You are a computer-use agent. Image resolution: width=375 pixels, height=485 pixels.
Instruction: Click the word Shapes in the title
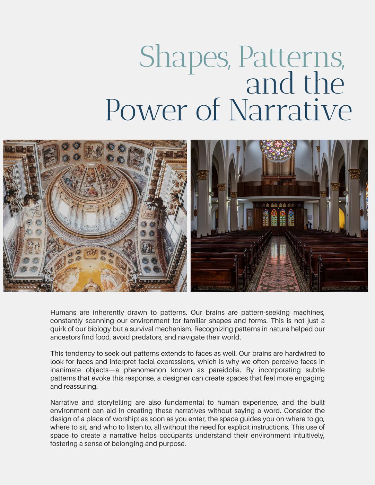(184, 57)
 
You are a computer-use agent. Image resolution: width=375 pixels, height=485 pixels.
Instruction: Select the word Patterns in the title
(291, 57)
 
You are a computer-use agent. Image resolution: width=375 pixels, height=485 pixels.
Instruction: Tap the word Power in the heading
(145, 110)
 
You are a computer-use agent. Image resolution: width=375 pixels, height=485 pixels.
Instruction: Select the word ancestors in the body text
(65, 337)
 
